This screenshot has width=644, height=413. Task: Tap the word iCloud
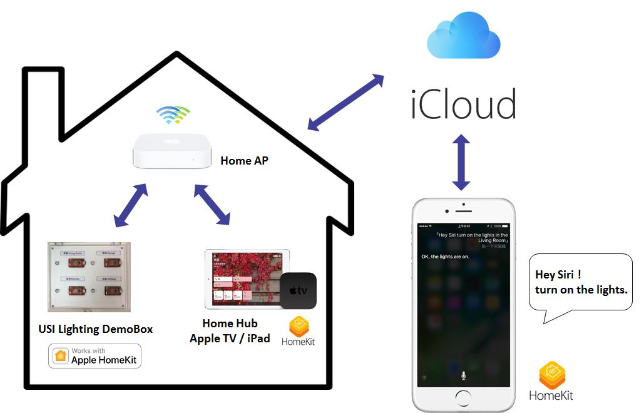pyautogui.click(x=464, y=105)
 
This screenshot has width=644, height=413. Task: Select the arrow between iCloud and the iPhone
pyautogui.click(x=461, y=161)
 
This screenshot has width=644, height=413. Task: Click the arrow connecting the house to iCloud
pyautogui.click(x=345, y=103)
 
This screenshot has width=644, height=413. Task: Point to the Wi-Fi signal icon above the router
pyautogui.click(x=173, y=115)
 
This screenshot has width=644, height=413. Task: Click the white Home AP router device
pyautogui.click(x=170, y=152)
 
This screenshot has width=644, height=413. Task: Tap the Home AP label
pyautogui.click(x=244, y=161)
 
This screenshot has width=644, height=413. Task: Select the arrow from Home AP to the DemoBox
pyautogui.click(x=130, y=205)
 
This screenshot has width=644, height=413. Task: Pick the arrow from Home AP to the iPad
pyautogui.click(x=212, y=204)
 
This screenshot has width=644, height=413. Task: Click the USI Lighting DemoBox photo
pyautogui.click(x=89, y=277)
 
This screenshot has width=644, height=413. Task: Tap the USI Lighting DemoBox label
pyautogui.click(x=96, y=329)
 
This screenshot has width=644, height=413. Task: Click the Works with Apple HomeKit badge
pyautogui.click(x=95, y=356)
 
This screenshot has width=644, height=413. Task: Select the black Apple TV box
pyautogui.click(x=298, y=291)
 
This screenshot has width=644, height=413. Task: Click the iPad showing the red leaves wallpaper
pyautogui.click(x=245, y=279)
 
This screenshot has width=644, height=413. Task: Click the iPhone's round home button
pyautogui.click(x=463, y=398)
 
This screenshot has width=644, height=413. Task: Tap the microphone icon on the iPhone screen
pyautogui.click(x=463, y=375)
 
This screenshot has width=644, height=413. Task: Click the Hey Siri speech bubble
pyautogui.click(x=580, y=283)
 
